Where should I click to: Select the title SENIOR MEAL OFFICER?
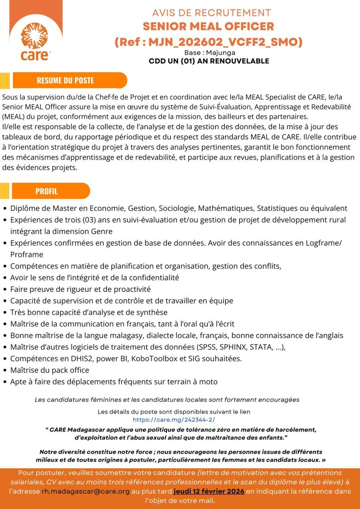pyautogui.click(x=208, y=26)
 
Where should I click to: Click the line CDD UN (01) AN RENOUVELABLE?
pyautogui.click(x=209, y=61)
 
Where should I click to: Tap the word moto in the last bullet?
pyautogui.click(x=208, y=382)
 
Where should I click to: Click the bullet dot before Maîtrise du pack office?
pyautogui.click(x=5, y=370)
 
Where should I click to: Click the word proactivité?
pyautogui.click(x=129, y=289)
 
